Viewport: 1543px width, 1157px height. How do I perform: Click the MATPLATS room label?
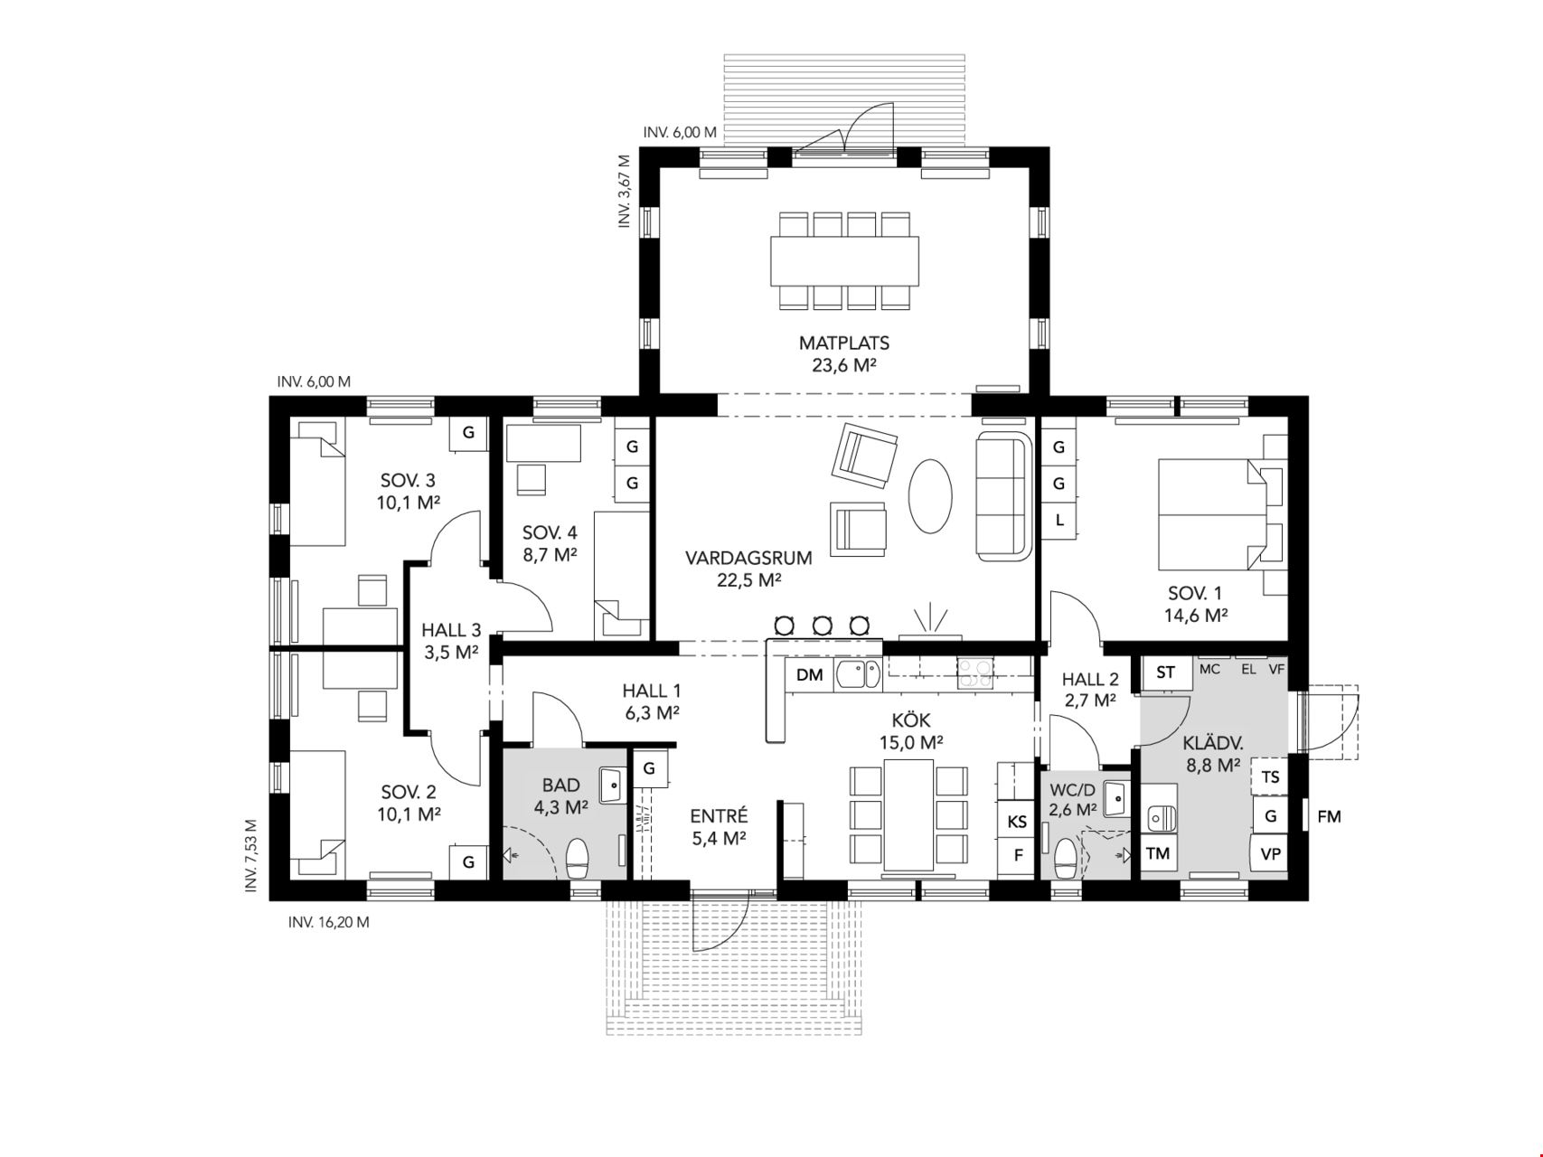(x=843, y=343)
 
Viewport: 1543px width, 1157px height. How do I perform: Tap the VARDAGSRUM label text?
(x=748, y=559)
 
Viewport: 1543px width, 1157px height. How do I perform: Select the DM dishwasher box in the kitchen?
(x=810, y=674)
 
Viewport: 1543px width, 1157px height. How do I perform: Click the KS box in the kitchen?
(x=1017, y=822)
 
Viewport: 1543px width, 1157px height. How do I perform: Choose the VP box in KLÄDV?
(x=1270, y=853)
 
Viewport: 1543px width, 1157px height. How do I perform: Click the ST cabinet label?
(x=1165, y=673)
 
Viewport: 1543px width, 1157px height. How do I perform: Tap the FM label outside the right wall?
(x=1329, y=817)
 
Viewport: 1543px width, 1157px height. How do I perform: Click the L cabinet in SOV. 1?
(x=1058, y=521)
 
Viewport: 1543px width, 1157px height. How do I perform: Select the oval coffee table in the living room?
(x=929, y=496)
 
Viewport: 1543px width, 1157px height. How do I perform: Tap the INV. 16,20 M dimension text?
(x=328, y=923)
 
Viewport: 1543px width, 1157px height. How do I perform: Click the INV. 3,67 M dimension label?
(x=624, y=191)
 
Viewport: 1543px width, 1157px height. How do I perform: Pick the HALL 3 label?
(x=451, y=631)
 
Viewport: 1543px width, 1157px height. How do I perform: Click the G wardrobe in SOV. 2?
(x=468, y=862)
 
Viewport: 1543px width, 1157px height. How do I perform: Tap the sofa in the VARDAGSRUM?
(x=1003, y=495)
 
